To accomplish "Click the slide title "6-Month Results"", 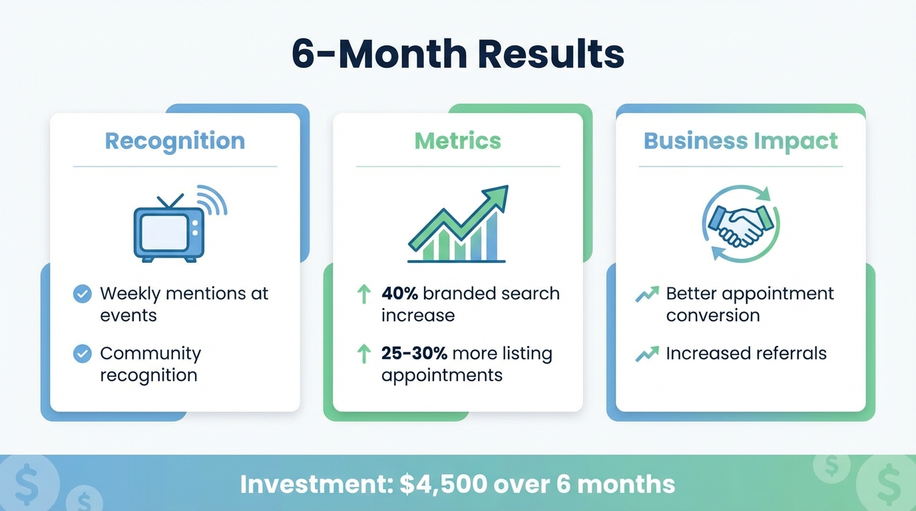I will point(458,55).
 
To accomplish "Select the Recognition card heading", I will point(175,141).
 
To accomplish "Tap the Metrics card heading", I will point(458,141).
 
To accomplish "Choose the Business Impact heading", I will point(740,141).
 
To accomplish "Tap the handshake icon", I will point(740,225).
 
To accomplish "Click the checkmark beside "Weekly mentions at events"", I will point(83,294).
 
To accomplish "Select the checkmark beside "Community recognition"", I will point(83,353).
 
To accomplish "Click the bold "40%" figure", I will point(399,294).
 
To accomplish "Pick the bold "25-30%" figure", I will point(414,353).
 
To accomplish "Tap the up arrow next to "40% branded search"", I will point(363,294).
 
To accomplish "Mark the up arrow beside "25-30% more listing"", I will point(363,353).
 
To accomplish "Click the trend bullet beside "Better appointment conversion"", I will point(647,294).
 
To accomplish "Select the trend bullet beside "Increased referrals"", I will point(647,353).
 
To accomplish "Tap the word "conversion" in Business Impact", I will point(713,315).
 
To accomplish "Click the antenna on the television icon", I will point(170,201).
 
